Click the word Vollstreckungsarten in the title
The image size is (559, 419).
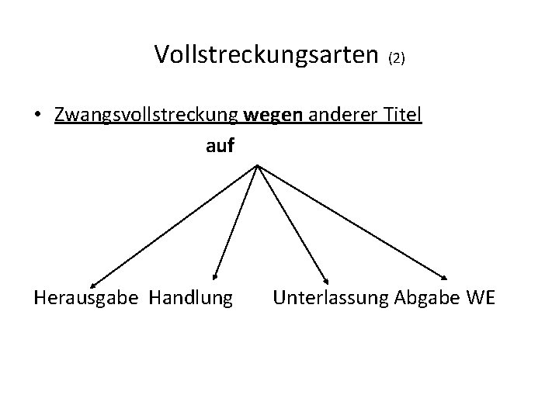coord(267,54)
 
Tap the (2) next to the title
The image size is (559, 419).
coord(397,58)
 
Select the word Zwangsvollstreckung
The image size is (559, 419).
coord(147,116)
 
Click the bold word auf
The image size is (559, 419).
coord(220,145)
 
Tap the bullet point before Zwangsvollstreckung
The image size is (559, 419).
coord(37,116)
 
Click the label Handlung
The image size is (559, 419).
coord(190,297)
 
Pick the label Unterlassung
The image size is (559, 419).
coord(332,297)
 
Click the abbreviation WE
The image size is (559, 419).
coord(479,297)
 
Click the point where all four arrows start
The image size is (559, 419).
coord(256,164)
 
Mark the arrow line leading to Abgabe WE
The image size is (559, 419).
coord(353,222)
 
